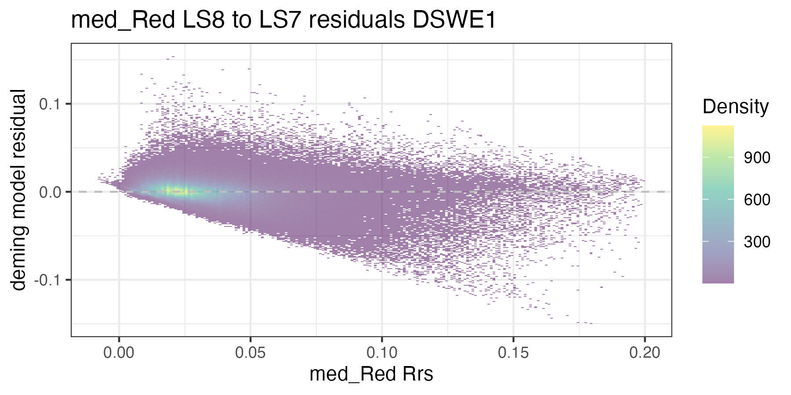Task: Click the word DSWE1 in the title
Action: [x=454, y=21]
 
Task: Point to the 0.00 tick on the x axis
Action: [x=119, y=353]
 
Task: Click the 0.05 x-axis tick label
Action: [x=250, y=353]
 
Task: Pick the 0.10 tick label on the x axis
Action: [x=381, y=353]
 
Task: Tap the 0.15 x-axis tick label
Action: [x=513, y=353]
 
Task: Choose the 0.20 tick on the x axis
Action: [x=644, y=353]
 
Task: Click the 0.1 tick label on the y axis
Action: [x=49, y=104]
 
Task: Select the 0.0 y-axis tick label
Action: [x=49, y=192]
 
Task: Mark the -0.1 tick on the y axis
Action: [x=47, y=280]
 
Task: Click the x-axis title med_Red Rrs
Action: [x=371, y=374]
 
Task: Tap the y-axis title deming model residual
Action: [x=19, y=190]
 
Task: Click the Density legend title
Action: [x=735, y=107]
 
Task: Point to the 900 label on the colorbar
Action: [x=757, y=158]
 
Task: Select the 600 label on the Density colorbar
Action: [x=757, y=200]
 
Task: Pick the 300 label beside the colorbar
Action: [x=757, y=242]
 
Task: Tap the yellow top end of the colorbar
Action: [x=718, y=129]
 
